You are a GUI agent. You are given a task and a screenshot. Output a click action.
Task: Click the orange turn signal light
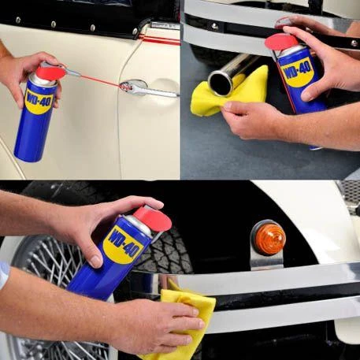coord(270,239)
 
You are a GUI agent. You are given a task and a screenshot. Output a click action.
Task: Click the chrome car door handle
coord(147,89)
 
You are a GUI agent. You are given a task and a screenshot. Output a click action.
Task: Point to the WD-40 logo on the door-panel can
coord(39,102)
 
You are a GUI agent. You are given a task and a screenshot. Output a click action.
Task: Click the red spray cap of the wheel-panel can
coord(154,218)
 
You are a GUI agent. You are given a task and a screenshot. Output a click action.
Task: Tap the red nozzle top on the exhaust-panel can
coord(281,42)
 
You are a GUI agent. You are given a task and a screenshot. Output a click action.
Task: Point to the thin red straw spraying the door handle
coord(100,80)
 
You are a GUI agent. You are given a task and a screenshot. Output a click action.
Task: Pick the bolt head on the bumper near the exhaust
coord(215,26)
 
